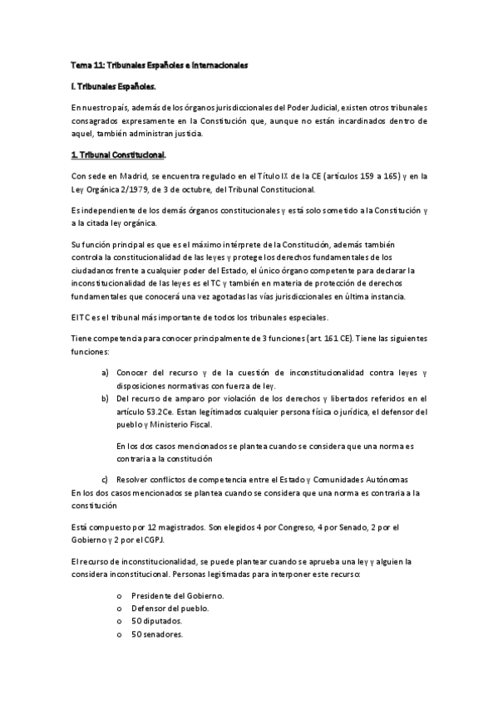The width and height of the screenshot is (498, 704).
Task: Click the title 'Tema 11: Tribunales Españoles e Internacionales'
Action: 159,64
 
